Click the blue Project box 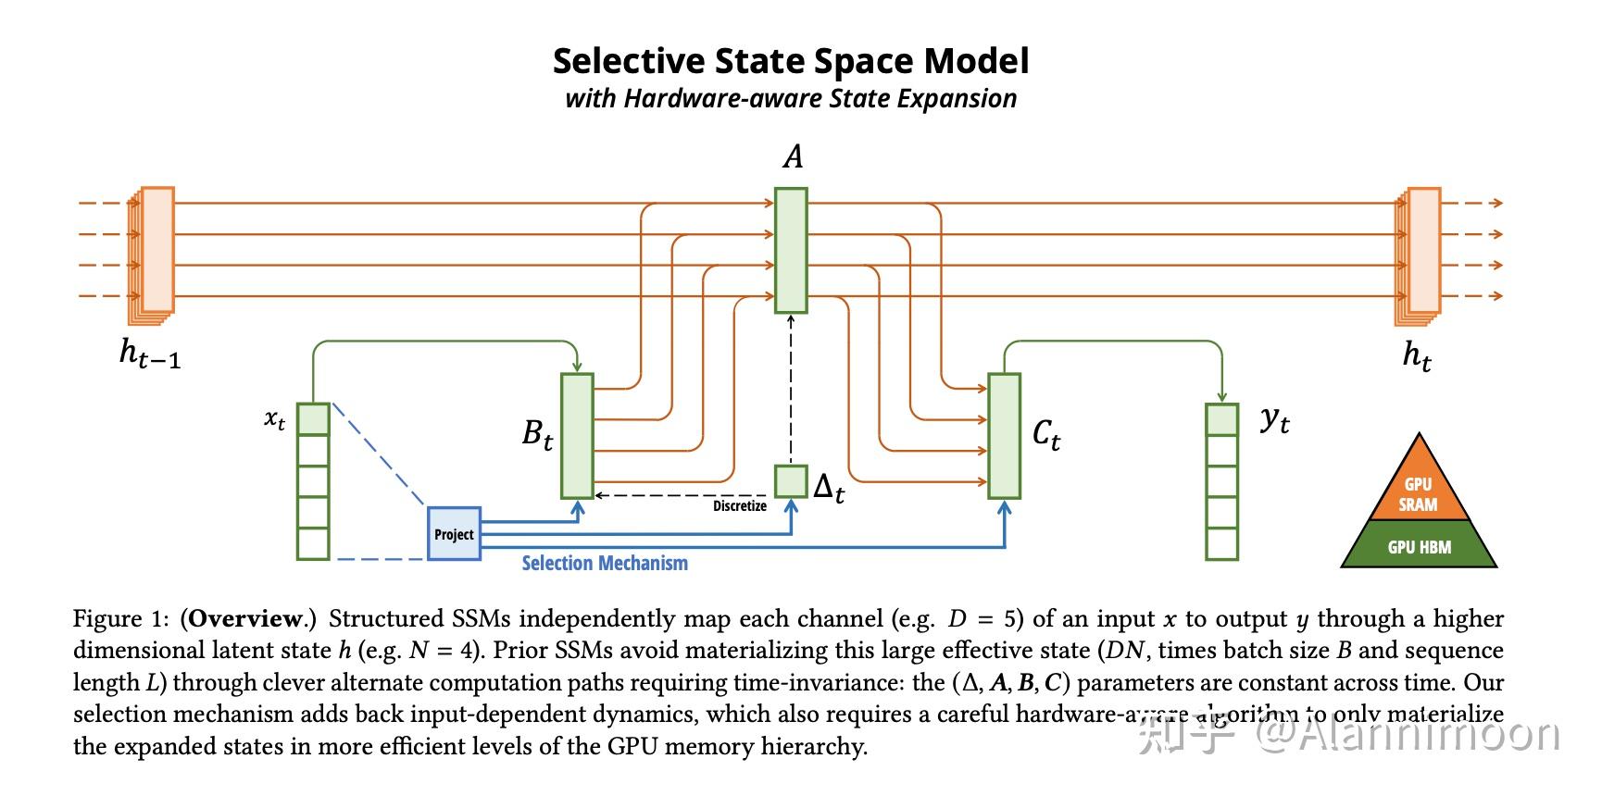454,534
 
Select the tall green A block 791,251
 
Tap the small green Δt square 791,481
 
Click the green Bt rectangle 577,436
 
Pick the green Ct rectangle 1005,436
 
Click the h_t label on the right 1417,354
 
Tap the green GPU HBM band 1419,546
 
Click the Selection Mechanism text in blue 605,563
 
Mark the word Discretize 739,506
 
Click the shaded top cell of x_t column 313,419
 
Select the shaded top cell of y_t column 1221,419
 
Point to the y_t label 1275,420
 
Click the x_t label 275,418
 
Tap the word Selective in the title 627,61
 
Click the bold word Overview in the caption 246,618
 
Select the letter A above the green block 793,156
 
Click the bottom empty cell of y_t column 1221,544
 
